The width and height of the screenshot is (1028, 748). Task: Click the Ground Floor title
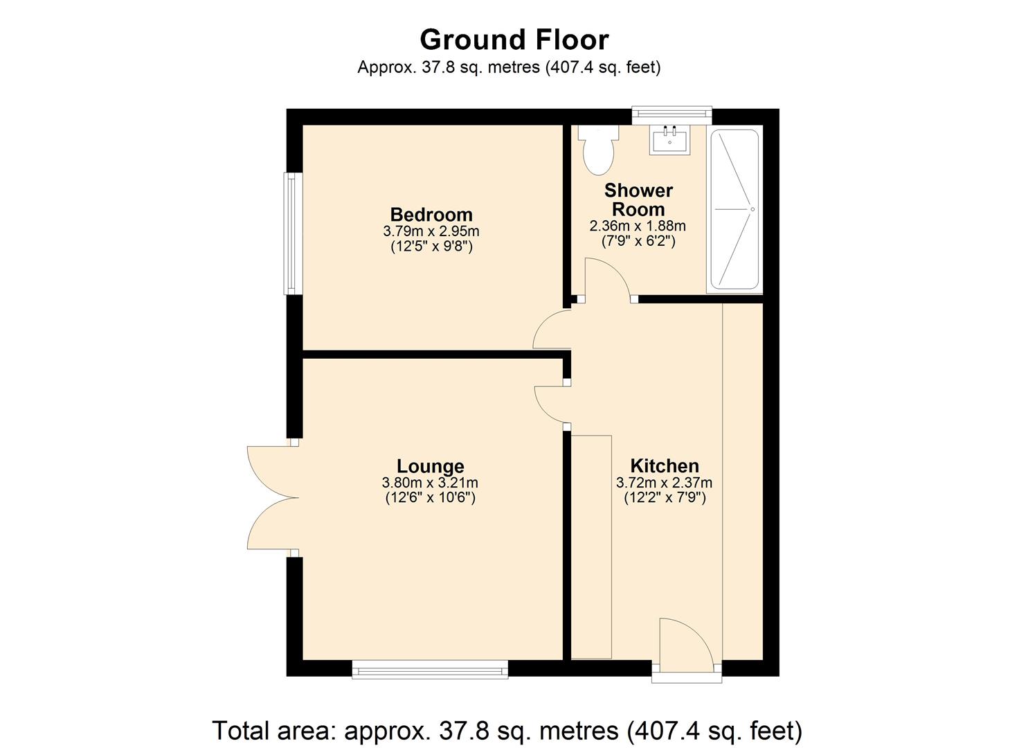514,40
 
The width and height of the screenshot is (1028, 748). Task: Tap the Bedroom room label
431,215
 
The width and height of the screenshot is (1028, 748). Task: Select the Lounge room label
430,466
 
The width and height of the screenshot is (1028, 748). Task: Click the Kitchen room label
664,466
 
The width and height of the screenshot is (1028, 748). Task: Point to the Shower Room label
638,199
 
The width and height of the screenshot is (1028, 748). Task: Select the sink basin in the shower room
669,141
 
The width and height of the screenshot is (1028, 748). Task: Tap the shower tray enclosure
734,209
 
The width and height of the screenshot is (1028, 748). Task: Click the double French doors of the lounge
271,497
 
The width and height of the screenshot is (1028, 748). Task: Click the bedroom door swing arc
552,330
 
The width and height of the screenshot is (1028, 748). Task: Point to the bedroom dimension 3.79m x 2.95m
431,231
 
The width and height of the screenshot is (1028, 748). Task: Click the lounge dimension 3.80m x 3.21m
430,483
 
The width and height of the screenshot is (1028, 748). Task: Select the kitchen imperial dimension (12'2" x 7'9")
664,497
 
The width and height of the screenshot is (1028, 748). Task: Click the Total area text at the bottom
507,730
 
